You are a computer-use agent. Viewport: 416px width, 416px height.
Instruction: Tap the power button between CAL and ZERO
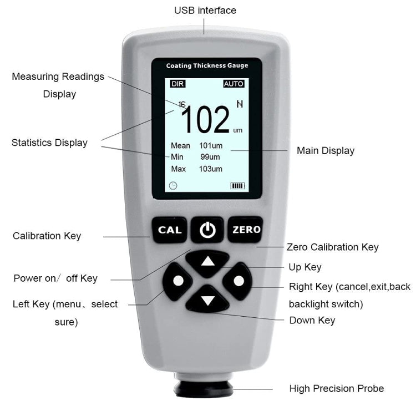(x=207, y=230)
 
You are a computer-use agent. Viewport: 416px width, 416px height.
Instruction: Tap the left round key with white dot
(x=178, y=281)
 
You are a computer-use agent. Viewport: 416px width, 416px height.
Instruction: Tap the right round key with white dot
(x=239, y=281)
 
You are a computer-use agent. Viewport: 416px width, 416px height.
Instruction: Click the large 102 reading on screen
(x=205, y=120)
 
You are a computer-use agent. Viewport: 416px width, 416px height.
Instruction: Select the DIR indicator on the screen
(x=177, y=84)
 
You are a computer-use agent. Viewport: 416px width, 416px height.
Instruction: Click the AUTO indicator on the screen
(x=234, y=84)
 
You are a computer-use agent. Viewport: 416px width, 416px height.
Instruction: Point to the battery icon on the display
(x=237, y=185)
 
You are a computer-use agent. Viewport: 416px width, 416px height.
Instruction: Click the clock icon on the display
(x=173, y=185)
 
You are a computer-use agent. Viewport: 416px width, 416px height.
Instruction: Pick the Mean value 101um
(x=211, y=146)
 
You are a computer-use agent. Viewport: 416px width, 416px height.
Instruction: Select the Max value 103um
(x=211, y=169)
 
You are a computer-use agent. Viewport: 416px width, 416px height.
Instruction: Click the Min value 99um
(x=210, y=157)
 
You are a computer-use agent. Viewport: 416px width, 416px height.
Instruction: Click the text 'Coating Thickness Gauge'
(x=207, y=65)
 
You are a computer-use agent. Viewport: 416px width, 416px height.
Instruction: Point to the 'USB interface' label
(x=205, y=11)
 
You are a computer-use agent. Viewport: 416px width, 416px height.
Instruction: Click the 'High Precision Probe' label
(x=336, y=388)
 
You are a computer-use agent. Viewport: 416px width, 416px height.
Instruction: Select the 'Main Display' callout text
(x=325, y=150)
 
